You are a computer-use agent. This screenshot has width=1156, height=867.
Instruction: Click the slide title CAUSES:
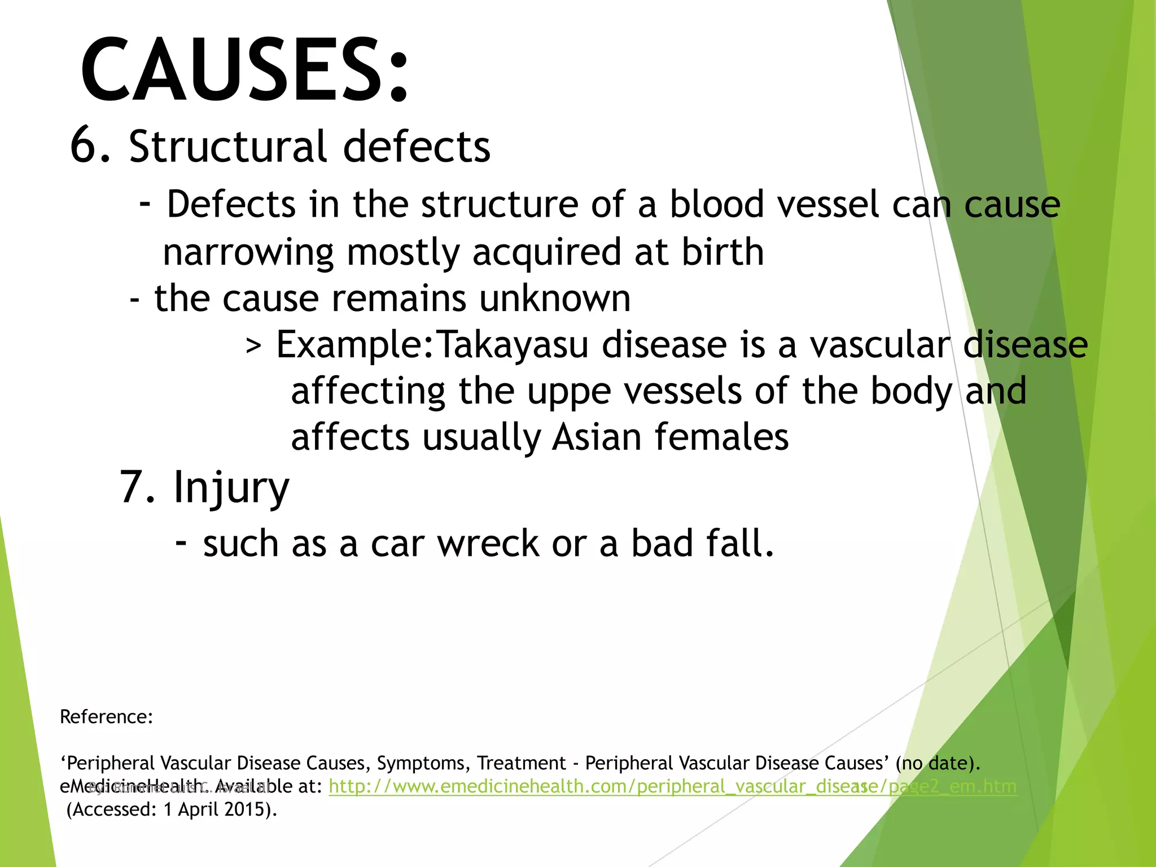click(x=244, y=70)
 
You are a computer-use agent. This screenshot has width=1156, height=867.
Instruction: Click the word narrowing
click(x=248, y=253)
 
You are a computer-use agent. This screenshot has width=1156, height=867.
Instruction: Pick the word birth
click(x=722, y=252)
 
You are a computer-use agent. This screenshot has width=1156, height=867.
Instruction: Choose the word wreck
click(x=488, y=544)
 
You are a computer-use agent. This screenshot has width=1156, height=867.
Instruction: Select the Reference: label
click(x=107, y=717)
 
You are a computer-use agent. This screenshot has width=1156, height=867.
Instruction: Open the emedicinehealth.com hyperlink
click(x=672, y=786)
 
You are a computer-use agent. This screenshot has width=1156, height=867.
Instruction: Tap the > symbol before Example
click(x=253, y=345)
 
